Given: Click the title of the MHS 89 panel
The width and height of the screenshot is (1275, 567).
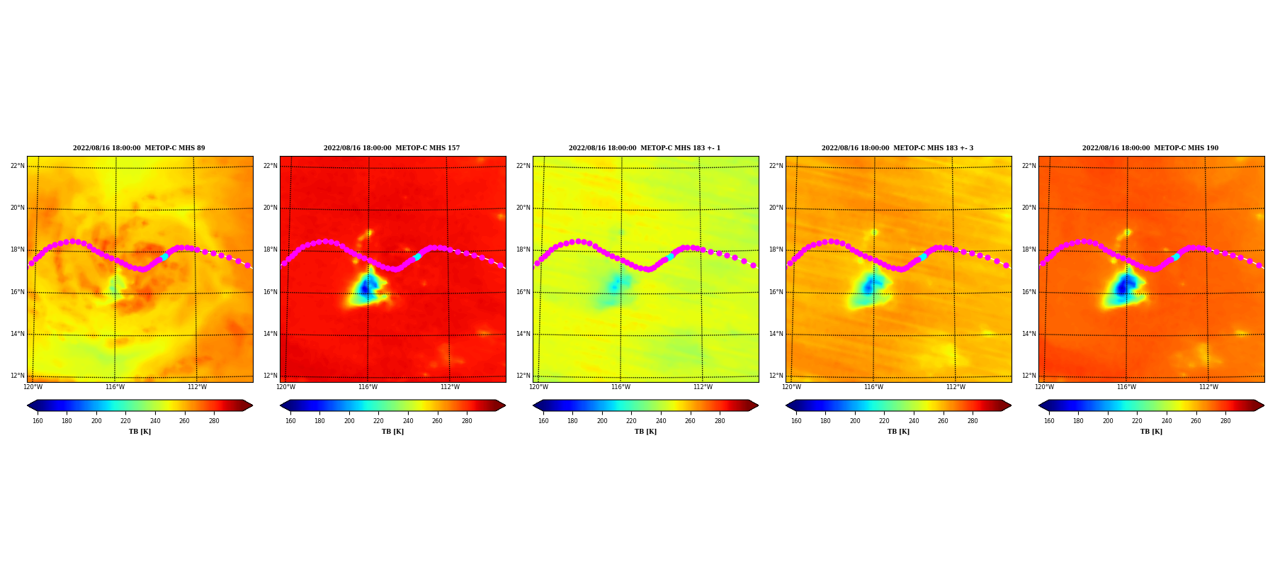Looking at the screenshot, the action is pyautogui.click(x=139, y=148).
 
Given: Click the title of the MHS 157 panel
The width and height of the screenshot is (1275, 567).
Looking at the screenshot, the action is pyautogui.click(x=392, y=148).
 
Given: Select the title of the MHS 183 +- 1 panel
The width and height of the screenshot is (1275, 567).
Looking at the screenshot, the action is pyautogui.click(x=645, y=148).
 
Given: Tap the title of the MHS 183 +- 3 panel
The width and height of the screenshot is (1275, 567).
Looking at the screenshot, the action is pyautogui.click(x=897, y=148).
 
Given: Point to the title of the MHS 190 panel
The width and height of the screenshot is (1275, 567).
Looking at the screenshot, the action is pyautogui.click(x=1150, y=148).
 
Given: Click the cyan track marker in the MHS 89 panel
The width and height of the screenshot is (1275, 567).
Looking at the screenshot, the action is pyautogui.click(x=164, y=257).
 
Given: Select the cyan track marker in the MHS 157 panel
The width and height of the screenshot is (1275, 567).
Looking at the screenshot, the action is pyautogui.click(x=417, y=257).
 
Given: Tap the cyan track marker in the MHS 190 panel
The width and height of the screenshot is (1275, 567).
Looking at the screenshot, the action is pyautogui.click(x=1176, y=257).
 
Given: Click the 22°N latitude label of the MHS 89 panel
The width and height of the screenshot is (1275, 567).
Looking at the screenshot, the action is pyautogui.click(x=17, y=166).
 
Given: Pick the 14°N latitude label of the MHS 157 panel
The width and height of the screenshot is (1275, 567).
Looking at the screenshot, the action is pyautogui.click(x=270, y=334).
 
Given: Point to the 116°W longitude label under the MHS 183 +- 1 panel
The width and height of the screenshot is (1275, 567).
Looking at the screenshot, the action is pyautogui.click(x=620, y=387).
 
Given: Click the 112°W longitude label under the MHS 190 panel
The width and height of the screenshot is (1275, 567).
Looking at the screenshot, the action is pyautogui.click(x=1208, y=387).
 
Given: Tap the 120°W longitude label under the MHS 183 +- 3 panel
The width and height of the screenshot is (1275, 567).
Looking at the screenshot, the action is pyautogui.click(x=791, y=387).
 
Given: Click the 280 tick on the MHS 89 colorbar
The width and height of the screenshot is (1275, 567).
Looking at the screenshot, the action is pyautogui.click(x=214, y=421).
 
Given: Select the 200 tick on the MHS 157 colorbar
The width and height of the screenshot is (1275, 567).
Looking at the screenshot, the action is pyautogui.click(x=349, y=421).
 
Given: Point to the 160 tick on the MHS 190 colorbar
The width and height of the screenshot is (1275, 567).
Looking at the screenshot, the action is pyautogui.click(x=1049, y=421).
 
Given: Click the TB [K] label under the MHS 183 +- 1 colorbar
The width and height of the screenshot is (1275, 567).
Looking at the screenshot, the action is pyautogui.click(x=645, y=432).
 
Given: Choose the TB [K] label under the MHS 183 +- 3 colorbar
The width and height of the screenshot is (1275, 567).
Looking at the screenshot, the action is pyautogui.click(x=898, y=432).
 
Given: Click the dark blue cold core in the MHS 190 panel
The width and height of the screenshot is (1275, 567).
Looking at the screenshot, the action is pyautogui.click(x=1123, y=288).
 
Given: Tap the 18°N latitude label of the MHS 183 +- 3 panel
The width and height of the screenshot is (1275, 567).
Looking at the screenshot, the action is pyautogui.click(x=776, y=249).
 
